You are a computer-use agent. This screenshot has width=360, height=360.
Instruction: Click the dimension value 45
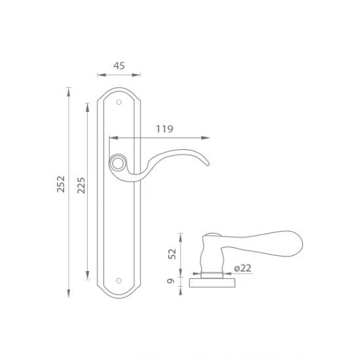(119, 66)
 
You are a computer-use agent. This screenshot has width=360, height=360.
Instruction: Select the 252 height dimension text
(61, 184)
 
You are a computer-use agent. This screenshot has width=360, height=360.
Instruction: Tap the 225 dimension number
(81, 185)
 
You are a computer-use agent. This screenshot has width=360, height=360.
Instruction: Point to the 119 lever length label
(164, 129)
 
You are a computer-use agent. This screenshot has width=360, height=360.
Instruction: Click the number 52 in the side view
(172, 254)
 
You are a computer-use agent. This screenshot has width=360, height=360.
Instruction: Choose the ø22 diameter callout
(243, 268)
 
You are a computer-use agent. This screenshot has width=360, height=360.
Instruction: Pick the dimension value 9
(171, 281)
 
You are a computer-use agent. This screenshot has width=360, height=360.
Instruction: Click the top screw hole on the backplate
(118, 102)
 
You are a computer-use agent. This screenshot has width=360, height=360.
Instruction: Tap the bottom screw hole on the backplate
(118, 281)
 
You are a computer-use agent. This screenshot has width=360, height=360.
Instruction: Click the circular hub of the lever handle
(118, 163)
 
